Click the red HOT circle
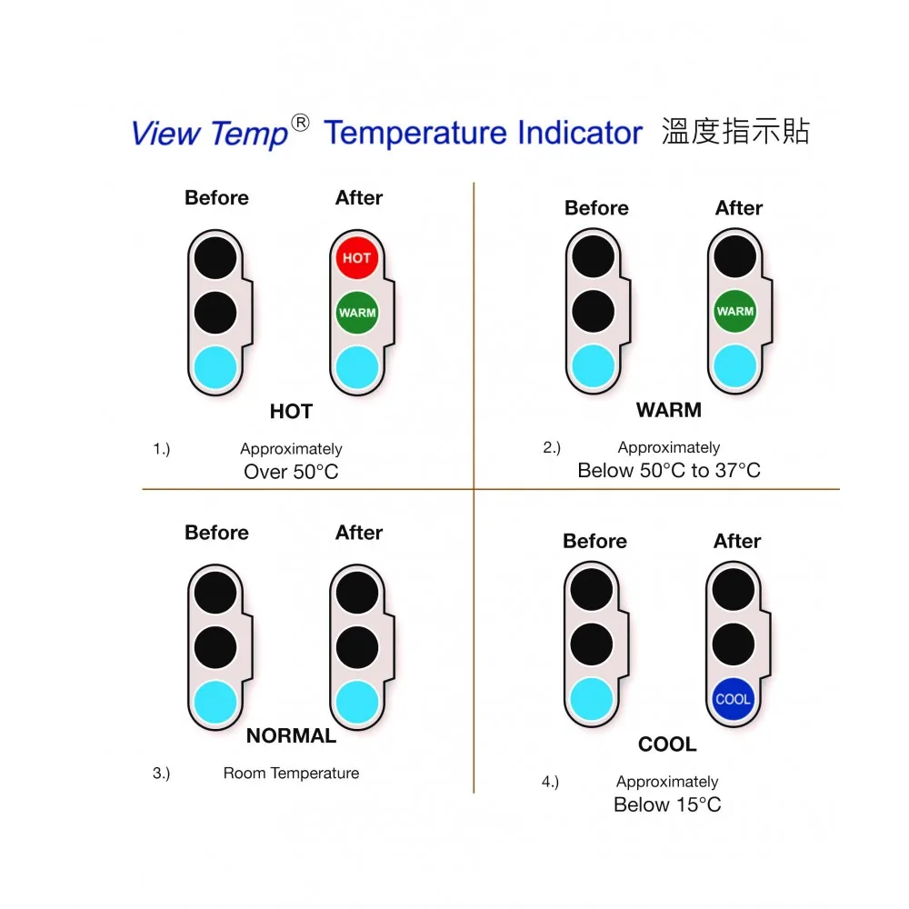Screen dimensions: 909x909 (357, 257)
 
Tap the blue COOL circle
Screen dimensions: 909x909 (734, 699)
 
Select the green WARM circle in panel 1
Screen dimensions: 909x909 (357, 313)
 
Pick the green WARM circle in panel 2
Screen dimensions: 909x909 (735, 311)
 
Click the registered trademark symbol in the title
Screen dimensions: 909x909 (300, 124)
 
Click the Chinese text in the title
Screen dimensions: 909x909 (734, 132)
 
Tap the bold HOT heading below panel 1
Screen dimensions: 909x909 (291, 412)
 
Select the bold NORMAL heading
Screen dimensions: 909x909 (291, 735)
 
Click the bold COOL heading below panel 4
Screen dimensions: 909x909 (667, 744)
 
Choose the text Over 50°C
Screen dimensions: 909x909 (291, 472)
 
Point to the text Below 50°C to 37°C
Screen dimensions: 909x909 (669, 470)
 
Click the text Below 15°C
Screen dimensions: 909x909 (667, 804)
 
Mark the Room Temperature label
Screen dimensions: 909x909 (291, 774)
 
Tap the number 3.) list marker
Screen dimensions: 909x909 (161, 774)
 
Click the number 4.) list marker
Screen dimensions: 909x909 (550, 782)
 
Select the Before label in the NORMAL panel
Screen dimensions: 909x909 (216, 533)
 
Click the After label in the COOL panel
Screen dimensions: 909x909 (737, 541)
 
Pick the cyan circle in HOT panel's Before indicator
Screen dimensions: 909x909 (215, 367)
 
